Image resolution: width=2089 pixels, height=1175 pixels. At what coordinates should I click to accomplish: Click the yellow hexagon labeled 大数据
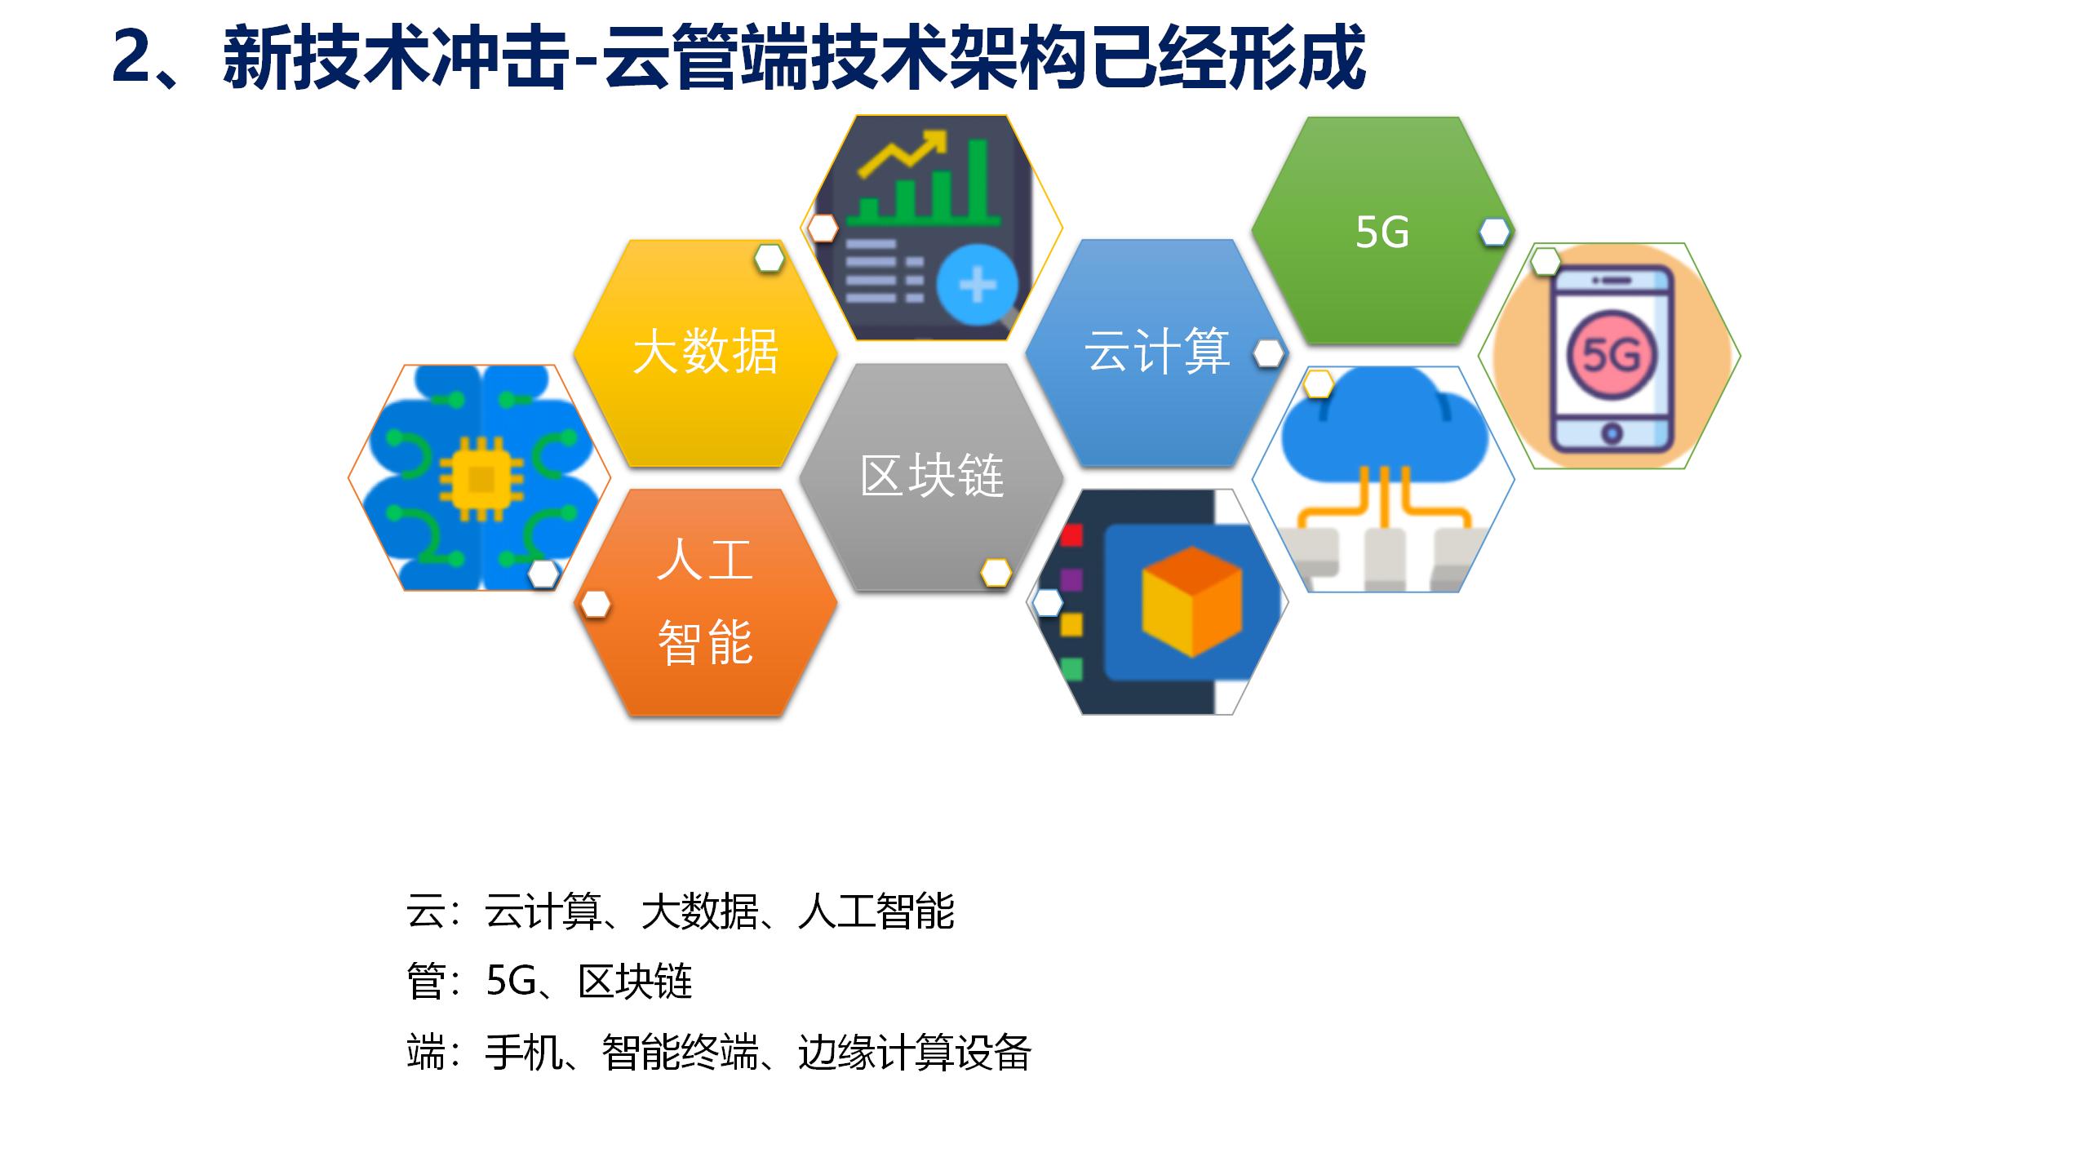[x=706, y=353]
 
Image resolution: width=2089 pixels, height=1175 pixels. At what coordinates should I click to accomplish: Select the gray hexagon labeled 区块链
[x=931, y=477]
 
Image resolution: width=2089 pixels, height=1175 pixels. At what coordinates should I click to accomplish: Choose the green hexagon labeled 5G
[x=1382, y=231]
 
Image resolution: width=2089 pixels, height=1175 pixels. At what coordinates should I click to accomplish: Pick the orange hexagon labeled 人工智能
[x=706, y=603]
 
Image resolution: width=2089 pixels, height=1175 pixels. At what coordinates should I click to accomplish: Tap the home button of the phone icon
[x=1612, y=432]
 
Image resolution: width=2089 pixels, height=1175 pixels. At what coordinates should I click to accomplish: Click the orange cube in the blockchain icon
[x=1191, y=601]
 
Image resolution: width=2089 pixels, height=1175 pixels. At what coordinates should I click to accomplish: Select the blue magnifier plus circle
[x=977, y=286]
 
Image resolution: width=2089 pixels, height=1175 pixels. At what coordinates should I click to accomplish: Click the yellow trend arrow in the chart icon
[x=903, y=156]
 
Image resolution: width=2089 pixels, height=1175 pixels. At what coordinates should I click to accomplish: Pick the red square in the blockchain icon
[x=1071, y=535]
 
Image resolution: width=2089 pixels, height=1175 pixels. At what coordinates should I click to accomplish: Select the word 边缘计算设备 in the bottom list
[x=915, y=1052]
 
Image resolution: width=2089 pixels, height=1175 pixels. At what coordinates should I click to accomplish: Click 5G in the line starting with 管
[x=511, y=981]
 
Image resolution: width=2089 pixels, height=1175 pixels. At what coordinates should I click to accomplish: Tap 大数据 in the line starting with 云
[x=700, y=911]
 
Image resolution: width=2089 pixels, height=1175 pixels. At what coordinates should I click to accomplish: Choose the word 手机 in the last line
[x=524, y=1052]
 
